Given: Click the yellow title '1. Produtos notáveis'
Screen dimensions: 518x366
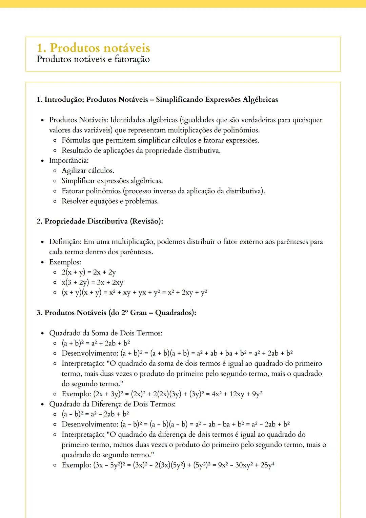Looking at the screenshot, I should tap(93, 48).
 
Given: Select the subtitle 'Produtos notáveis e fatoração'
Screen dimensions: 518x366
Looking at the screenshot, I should tap(93, 59).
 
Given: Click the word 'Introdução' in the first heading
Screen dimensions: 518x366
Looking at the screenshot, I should tap(64, 100).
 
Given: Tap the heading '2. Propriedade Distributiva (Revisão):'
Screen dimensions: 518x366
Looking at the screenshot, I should tap(100, 221).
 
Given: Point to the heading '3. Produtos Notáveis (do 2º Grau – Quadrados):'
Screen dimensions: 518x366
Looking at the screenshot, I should tap(116, 313).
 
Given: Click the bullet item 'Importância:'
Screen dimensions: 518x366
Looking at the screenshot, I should tap(69, 160).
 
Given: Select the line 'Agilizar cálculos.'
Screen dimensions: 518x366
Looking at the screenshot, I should tap(88, 171).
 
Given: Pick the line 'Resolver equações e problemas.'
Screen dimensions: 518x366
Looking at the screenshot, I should tap(110, 201).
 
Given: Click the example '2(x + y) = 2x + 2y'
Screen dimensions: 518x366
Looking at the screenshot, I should tap(88, 272).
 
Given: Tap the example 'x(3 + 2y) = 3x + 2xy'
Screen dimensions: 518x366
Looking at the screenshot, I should tap(92, 282).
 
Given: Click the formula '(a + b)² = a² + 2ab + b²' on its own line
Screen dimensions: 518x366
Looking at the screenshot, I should tap(96, 343).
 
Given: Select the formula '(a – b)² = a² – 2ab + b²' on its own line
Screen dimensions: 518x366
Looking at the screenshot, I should tap(95, 414).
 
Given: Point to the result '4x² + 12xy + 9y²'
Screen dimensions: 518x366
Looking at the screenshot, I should tap(237, 394).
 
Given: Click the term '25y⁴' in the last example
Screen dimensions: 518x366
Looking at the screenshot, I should tap(267, 465).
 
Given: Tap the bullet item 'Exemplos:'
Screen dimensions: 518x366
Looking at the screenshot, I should tap(65, 262).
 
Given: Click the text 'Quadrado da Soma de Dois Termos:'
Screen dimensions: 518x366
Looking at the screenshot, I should tap(105, 333).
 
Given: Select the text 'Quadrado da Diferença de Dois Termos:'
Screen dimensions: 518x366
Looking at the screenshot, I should tap(112, 404).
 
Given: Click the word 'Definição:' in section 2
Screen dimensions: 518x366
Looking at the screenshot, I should tap(65, 242).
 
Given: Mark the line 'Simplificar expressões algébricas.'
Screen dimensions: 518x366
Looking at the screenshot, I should tap(112, 181).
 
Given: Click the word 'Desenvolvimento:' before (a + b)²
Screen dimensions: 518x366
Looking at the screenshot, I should tap(90, 353).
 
